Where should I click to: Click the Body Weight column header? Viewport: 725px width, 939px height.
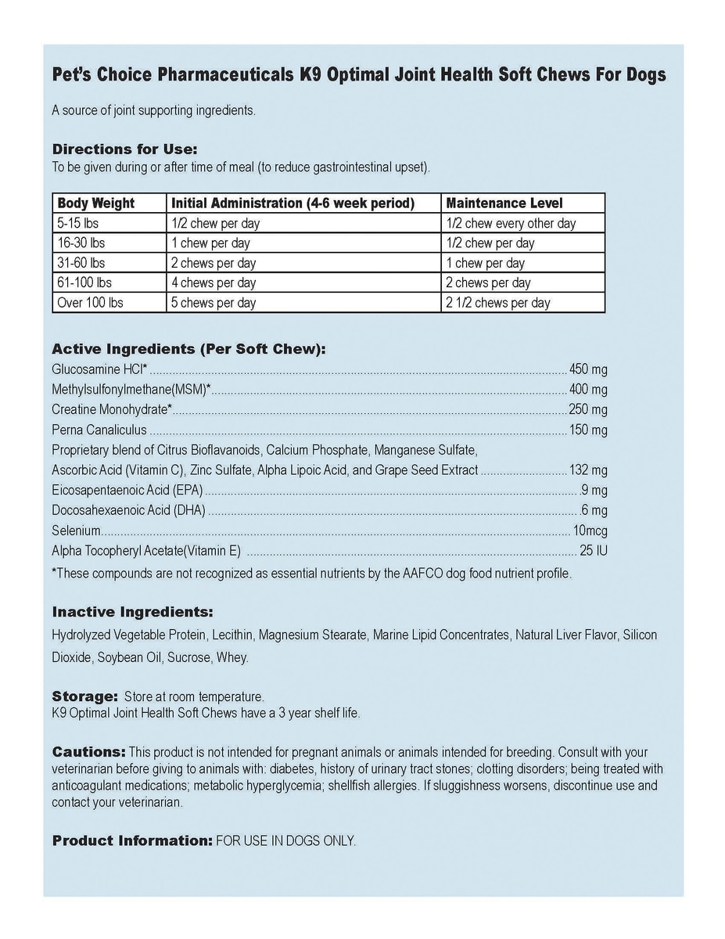96,203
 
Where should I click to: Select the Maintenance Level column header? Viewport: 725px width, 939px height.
504,203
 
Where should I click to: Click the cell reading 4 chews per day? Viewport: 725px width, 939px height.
214,283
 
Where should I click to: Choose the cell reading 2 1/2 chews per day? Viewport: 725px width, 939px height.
498,303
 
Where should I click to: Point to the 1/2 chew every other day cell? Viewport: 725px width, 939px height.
511,224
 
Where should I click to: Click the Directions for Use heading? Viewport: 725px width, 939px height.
124,149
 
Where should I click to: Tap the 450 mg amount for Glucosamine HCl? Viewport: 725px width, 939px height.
589,369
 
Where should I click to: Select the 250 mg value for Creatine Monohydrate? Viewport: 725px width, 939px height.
589,409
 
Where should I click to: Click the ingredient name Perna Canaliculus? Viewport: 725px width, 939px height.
99,430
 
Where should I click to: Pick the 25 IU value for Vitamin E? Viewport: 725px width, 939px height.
594,551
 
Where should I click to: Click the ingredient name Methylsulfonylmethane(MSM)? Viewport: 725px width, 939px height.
129,390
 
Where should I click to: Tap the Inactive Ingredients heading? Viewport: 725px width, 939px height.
132,612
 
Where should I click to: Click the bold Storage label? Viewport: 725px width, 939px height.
84,696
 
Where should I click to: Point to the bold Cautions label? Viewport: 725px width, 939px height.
88,751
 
